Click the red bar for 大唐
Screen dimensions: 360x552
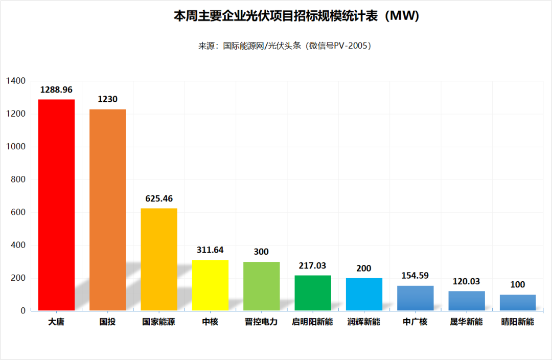56,205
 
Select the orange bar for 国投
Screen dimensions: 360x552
107,210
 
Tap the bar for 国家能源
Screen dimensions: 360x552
159,259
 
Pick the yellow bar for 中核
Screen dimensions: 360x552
210,285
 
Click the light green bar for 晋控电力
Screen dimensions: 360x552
261,286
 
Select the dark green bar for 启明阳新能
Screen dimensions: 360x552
313,293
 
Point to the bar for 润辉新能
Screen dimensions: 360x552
364,295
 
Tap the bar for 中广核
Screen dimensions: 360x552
415,298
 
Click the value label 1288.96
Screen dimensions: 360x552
56,89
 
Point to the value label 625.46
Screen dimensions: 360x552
159,198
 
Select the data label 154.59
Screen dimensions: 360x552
415,276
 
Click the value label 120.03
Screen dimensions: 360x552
467,281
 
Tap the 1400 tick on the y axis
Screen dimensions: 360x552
15,81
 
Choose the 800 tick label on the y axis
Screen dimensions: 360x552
17,179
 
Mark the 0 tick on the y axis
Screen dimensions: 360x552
23,311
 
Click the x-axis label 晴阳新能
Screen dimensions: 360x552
518,322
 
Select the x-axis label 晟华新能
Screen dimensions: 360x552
467,322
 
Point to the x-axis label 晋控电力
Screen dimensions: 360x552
261,322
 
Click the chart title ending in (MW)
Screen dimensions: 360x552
296,16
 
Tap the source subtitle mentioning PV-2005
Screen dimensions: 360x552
284,46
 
